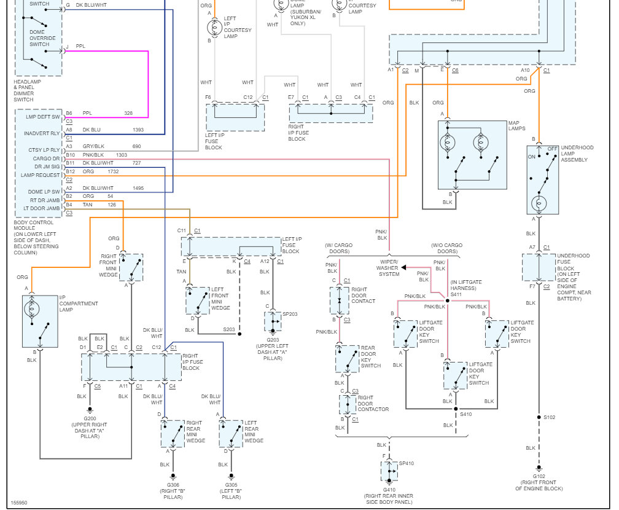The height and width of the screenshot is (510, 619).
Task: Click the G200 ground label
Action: coord(90,418)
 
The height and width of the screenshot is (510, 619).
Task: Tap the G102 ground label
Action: coord(539,476)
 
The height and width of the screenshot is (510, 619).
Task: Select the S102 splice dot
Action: coord(539,417)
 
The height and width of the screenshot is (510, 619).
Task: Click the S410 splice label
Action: coord(466,414)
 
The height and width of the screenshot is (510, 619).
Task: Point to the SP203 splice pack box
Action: coord(273,321)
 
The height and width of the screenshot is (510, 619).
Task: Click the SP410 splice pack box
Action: coord(389,471)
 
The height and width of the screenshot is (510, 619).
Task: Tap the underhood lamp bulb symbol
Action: coord(539,204)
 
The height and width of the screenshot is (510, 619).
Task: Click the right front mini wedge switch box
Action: coord(131,268)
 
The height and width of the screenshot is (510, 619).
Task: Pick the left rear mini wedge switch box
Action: coord(231,434)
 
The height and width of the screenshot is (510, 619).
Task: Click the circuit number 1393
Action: coord(138,130)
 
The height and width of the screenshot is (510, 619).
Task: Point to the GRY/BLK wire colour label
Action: coord(93,146)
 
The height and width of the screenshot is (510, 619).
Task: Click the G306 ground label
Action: coord(173,485)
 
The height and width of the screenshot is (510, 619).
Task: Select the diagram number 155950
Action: coord(19,503)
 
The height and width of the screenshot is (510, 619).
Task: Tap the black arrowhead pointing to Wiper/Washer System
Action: coord(403,267)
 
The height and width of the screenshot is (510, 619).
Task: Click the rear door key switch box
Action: coord(348,359)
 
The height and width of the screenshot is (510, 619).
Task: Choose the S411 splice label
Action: coord(456,294)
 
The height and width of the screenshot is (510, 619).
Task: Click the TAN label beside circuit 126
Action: coord(87,205)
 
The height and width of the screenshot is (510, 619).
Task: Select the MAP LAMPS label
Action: coord(517,125)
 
